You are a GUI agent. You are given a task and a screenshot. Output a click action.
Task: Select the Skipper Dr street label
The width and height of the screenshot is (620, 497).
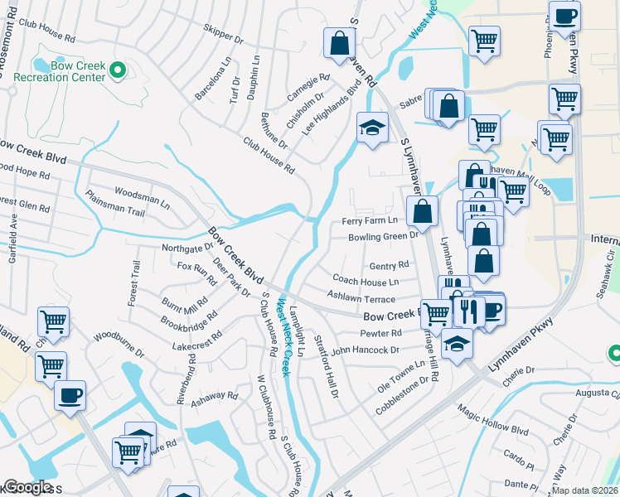[224, 33]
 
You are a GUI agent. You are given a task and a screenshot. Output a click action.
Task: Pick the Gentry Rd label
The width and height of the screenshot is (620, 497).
[390, 266]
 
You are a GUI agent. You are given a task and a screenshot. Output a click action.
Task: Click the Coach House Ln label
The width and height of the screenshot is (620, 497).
[366, 282]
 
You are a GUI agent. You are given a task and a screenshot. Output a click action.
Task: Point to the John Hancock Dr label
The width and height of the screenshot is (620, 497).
[366, 350]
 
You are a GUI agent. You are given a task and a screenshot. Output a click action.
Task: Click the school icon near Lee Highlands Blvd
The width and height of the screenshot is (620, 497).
[372, 128]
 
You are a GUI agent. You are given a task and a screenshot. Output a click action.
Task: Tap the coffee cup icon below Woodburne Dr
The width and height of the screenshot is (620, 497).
[70, 394]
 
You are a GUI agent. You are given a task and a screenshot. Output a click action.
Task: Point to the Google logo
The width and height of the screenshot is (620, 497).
[27, 487]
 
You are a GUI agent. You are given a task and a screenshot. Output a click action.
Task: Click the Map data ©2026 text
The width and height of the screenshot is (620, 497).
[585, 490]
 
